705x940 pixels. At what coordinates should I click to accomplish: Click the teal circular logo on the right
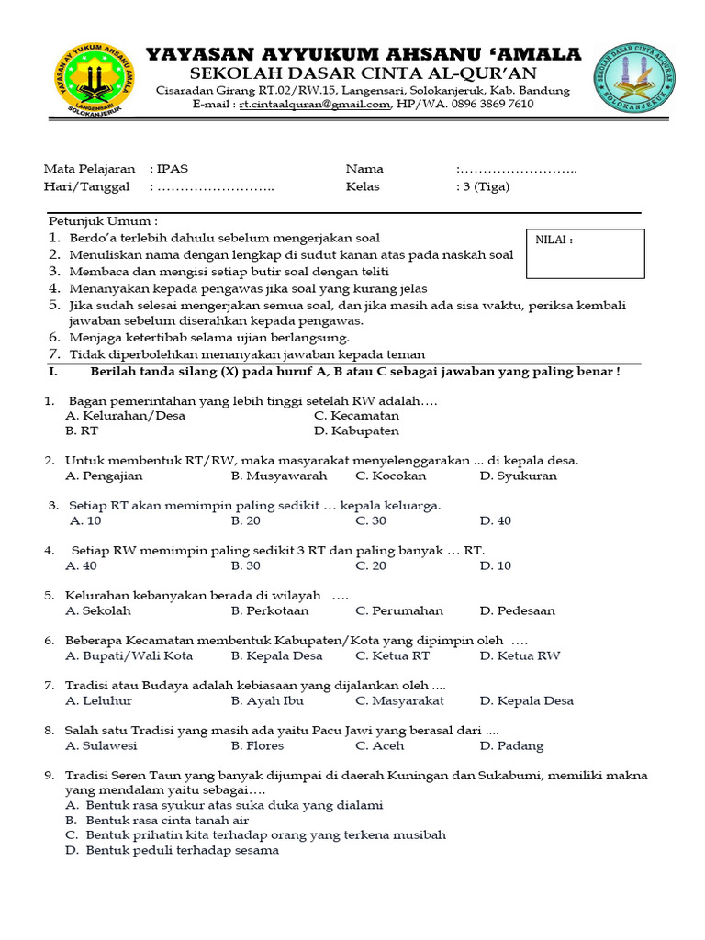point(634,79)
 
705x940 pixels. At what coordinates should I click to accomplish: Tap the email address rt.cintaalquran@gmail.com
point(315,105)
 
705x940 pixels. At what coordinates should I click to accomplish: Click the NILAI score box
point(585,253)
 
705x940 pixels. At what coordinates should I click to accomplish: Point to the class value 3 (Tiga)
point(485,186)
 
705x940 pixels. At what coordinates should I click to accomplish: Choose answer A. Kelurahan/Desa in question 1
point(126,416)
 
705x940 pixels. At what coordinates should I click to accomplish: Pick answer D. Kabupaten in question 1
point(356,431)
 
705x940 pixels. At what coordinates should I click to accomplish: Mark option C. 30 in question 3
point(371,521)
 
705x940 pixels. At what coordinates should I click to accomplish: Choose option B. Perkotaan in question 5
point(270,611)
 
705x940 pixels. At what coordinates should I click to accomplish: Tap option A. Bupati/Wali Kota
point(129,656)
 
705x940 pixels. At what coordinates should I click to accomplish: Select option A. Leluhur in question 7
point(99,701)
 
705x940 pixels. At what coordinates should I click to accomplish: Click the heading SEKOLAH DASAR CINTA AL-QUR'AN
point(364,73)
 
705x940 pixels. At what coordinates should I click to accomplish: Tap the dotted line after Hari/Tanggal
point(215,187)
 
